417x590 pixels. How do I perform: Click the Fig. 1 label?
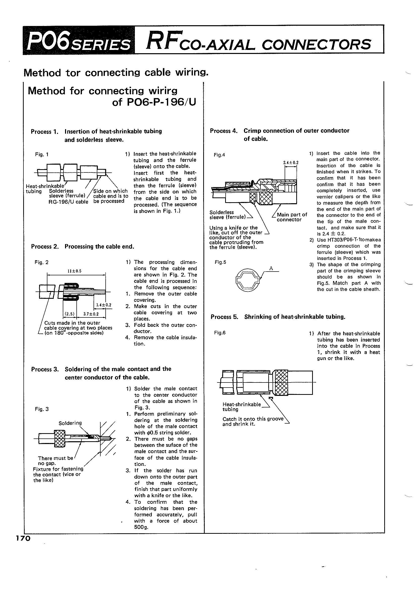tap(42, 155)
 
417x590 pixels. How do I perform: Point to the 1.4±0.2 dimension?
tap(104, 305)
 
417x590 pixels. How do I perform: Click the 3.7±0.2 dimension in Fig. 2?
tap(91, 314)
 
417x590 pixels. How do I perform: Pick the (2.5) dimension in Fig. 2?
tap(69, 314)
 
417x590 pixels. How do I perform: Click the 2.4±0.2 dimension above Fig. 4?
tap(291, 163)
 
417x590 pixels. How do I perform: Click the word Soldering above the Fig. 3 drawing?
tap(70, 423)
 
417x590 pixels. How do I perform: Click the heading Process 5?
tap(224, 317)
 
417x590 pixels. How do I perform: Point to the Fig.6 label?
tap(220, 333)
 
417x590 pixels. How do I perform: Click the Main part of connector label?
tap(292, 217)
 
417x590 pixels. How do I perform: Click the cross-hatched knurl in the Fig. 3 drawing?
tap(59, 439)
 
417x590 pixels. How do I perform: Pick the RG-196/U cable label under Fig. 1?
tap(68, 202)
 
